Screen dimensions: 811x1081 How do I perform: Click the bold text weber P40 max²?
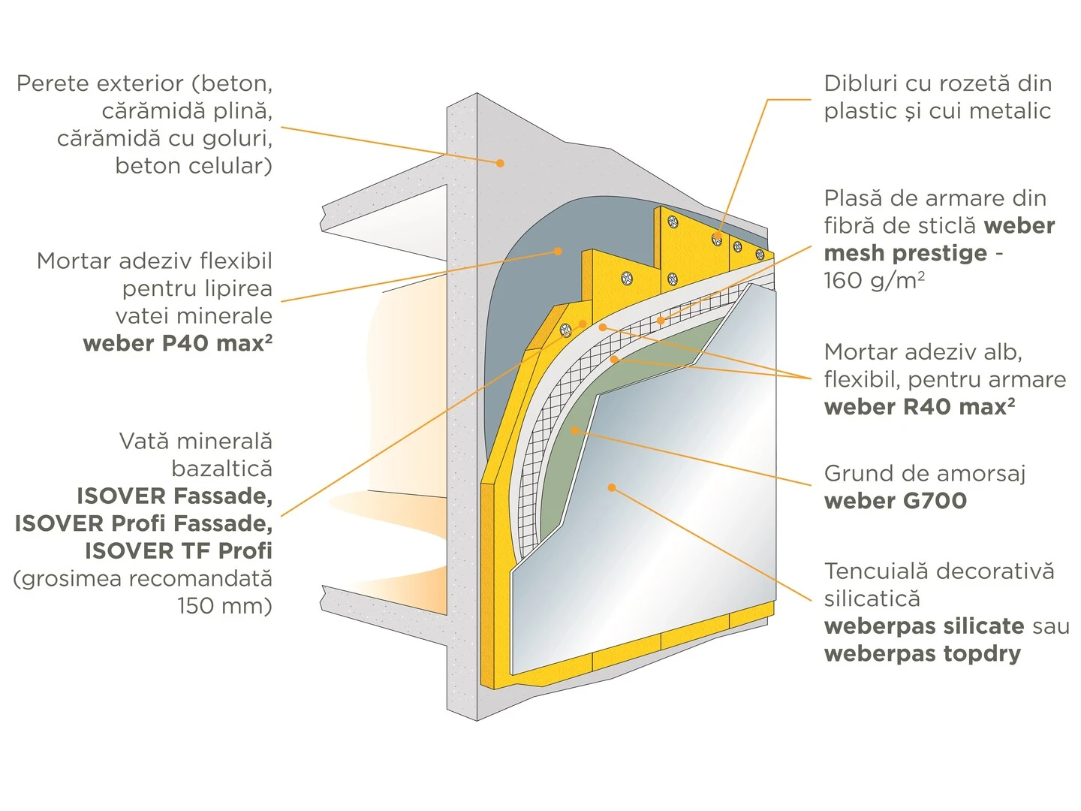(x=177, y=343)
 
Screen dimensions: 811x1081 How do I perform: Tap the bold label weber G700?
(x=895, y=501)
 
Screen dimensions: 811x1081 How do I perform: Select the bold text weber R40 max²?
(x=920, y=407)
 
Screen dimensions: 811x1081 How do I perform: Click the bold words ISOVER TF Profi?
(x=178, y=550)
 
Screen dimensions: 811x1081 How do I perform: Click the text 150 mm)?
(x=224, y=605)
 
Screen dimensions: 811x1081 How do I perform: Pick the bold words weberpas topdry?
(x=922, y=653)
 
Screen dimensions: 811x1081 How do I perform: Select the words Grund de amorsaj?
(x=924, y=473)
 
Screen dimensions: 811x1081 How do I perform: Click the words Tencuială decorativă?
(x=938, y=571)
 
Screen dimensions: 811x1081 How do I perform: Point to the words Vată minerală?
(x=195, y=441)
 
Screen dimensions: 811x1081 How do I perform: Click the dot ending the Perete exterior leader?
(x=500, y=162)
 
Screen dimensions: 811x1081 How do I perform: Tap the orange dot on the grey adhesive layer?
(x=558, y=251)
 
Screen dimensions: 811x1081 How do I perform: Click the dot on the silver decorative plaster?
(x=612, y=487)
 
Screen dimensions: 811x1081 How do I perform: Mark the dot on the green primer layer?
(x=574, y=430)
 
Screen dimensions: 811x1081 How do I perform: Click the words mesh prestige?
(x=905, y=253)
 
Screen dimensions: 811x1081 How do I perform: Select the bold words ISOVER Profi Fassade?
(x=143, y=523)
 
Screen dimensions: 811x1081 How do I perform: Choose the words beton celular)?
(x=193, y=165)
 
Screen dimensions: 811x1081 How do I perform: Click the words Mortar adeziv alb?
(x=923, y=351)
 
